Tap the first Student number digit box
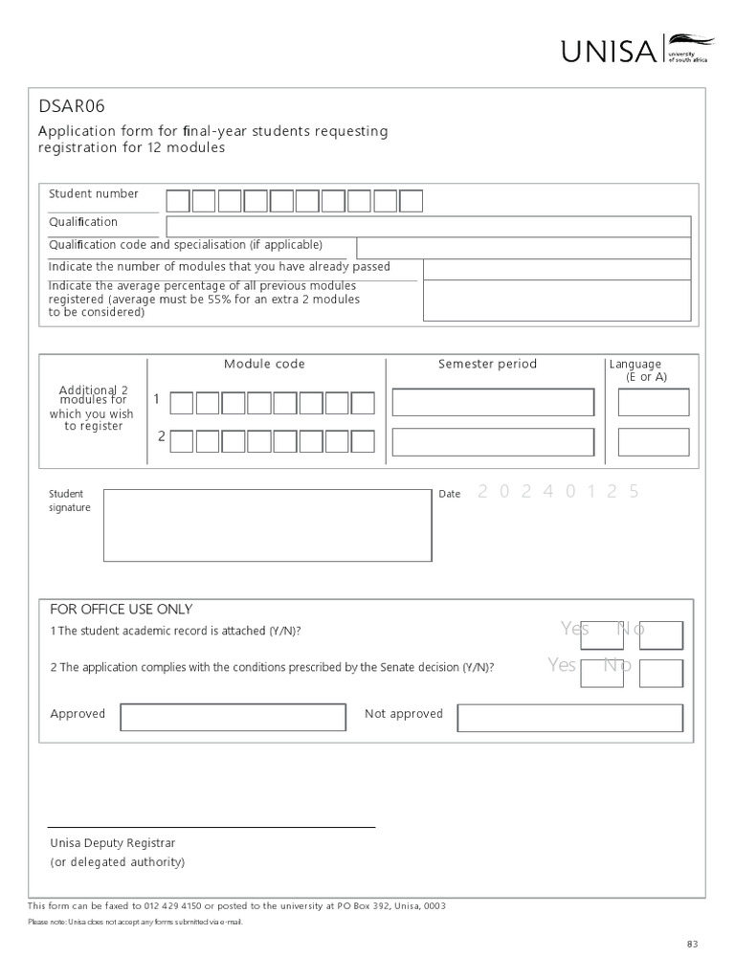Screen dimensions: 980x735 coord(178,201)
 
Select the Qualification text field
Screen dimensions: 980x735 coord(428,227)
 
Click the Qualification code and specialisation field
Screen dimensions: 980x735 coord(523,248)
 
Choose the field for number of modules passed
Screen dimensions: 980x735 coord(556,269)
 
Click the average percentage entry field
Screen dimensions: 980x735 coord(556,301)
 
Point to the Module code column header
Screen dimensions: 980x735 coord(264,364)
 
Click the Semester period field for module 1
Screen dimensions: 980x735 coord(493,403)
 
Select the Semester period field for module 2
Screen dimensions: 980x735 coord(493,442)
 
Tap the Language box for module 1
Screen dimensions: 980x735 coord(653,403)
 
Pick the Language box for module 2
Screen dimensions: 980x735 coord(653,442)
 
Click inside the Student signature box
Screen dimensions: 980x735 coord(267,524)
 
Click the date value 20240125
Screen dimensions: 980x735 coord(557,492)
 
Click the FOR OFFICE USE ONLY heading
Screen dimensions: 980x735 coord(121,610)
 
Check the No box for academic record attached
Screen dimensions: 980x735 coord(660,635)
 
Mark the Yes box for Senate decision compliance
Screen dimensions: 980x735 coord(601,673)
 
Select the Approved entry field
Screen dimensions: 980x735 coord(233,718)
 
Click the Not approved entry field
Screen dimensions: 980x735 coord(569,718)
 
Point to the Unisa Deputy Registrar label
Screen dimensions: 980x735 coord(113,843)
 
